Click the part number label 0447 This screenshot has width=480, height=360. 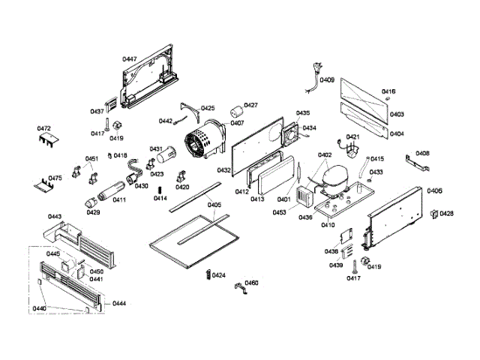tap(129, 58)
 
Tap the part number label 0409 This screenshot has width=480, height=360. tap(327, 80)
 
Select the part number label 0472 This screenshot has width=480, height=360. tap(44, 128)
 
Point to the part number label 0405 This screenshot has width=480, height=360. tap(214, 205)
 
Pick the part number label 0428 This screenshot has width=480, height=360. tap(447, 214)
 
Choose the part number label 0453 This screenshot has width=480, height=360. tap(279, 212)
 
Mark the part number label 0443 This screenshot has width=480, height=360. tap(54, 217)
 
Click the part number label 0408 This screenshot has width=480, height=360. tap(423, 153)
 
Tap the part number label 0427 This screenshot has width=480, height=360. tap(250, 105)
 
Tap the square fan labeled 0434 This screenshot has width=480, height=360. tap(290, 135)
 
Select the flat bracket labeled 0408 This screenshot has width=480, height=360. tap(414, 160)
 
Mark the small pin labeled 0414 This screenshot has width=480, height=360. tap(160, 188)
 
